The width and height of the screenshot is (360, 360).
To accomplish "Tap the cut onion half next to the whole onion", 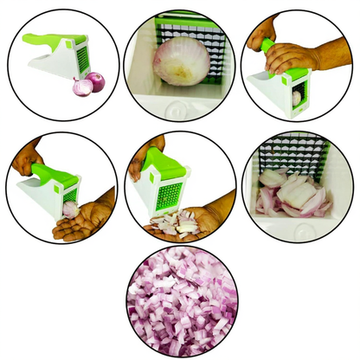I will [x=80, y=87].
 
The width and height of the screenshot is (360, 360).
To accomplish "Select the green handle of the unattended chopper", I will [x=42, y=42].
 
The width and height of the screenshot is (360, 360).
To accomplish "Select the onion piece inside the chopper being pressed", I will [x=297, y=98].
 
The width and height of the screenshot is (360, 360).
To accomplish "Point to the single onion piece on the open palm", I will [x=70, y=209].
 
